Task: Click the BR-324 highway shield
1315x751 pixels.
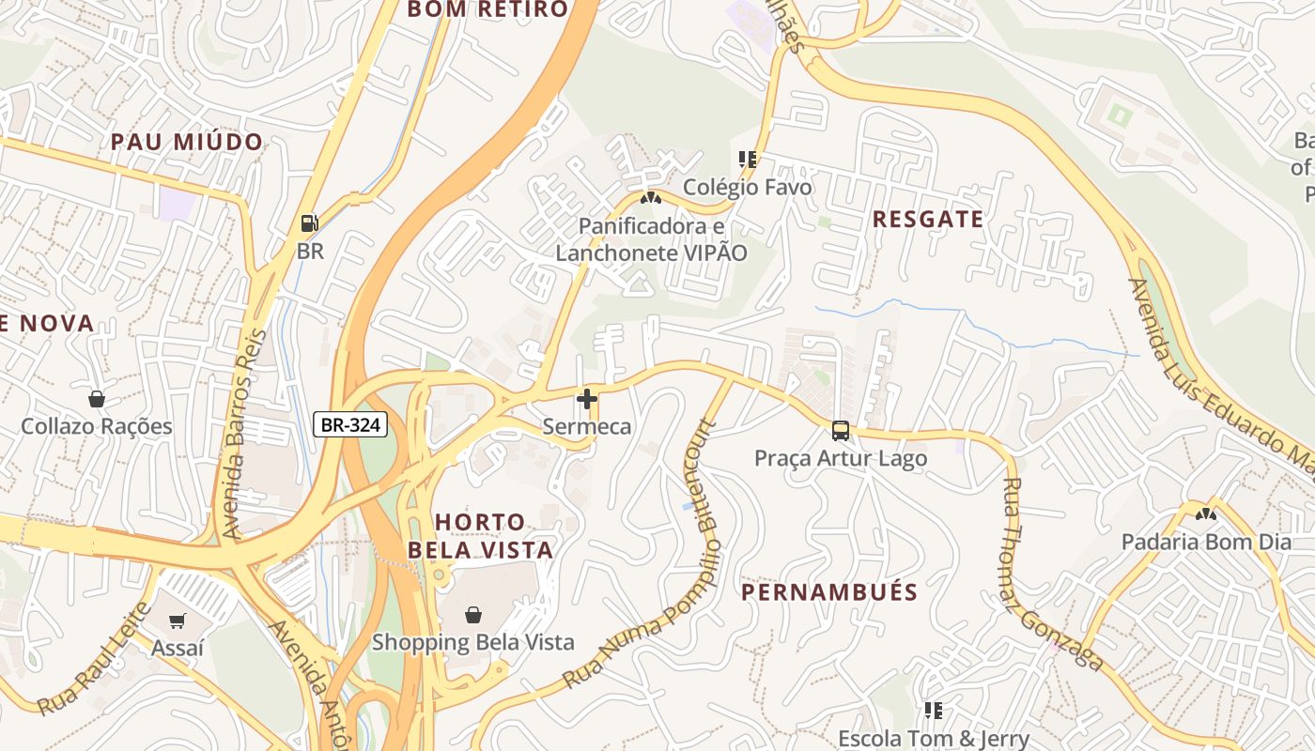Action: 350,425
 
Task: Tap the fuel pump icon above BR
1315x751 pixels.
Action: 309,223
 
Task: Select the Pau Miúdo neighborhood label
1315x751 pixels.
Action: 187,143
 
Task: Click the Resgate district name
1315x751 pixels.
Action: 928,220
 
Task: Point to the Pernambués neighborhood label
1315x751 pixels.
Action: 829,592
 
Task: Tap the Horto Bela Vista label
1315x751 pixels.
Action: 494,535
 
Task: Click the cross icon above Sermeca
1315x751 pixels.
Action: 587,399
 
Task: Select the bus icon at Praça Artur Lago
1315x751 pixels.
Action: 841,431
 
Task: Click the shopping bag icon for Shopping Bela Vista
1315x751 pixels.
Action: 473,615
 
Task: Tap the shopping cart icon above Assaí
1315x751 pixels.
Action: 177,621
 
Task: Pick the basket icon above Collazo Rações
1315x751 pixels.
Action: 97,399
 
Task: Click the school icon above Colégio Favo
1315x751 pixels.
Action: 748,160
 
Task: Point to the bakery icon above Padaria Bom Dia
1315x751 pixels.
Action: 1206,514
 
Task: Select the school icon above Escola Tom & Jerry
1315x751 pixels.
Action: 933,711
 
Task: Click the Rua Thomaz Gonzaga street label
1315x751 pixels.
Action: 1051,575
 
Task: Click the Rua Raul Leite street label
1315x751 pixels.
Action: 94,658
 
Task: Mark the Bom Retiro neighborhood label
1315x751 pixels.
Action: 487,10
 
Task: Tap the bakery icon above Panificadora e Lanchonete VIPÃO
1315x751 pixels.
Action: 651,198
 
